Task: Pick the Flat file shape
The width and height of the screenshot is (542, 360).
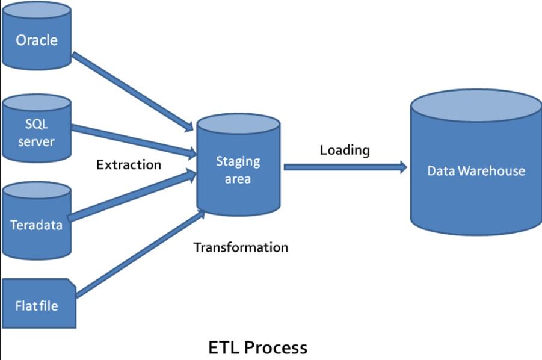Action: point(37,304)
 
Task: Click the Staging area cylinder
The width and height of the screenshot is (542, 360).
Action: point(238,169)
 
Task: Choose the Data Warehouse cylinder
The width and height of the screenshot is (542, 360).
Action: point(476,169)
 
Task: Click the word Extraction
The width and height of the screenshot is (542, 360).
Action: point(129,164)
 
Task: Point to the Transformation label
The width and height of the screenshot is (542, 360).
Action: point(241,247)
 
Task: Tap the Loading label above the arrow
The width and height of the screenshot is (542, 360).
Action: point(345,150)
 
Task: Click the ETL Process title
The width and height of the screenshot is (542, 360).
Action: point(257,347)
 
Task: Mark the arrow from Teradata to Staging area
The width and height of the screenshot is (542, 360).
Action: point(132,196)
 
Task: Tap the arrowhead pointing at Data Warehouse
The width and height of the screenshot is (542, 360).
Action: point(402,167)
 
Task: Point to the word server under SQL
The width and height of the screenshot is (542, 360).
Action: point(36,141)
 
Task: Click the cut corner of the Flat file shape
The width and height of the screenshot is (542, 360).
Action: point(72,283)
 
